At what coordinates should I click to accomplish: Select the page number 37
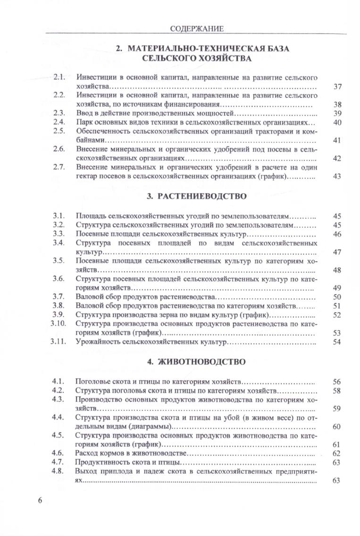point(337,87)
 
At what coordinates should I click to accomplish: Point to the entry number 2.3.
point(59,114)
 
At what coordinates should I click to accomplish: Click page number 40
point(337,123)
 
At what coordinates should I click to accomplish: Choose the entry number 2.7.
point(59,167)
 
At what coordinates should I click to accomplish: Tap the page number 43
point(337,176)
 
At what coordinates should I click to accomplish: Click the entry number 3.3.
point(59,234)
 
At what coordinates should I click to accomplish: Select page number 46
point(337,234)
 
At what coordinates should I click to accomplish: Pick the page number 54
point(337,342)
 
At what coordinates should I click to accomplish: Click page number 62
point(337,453)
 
